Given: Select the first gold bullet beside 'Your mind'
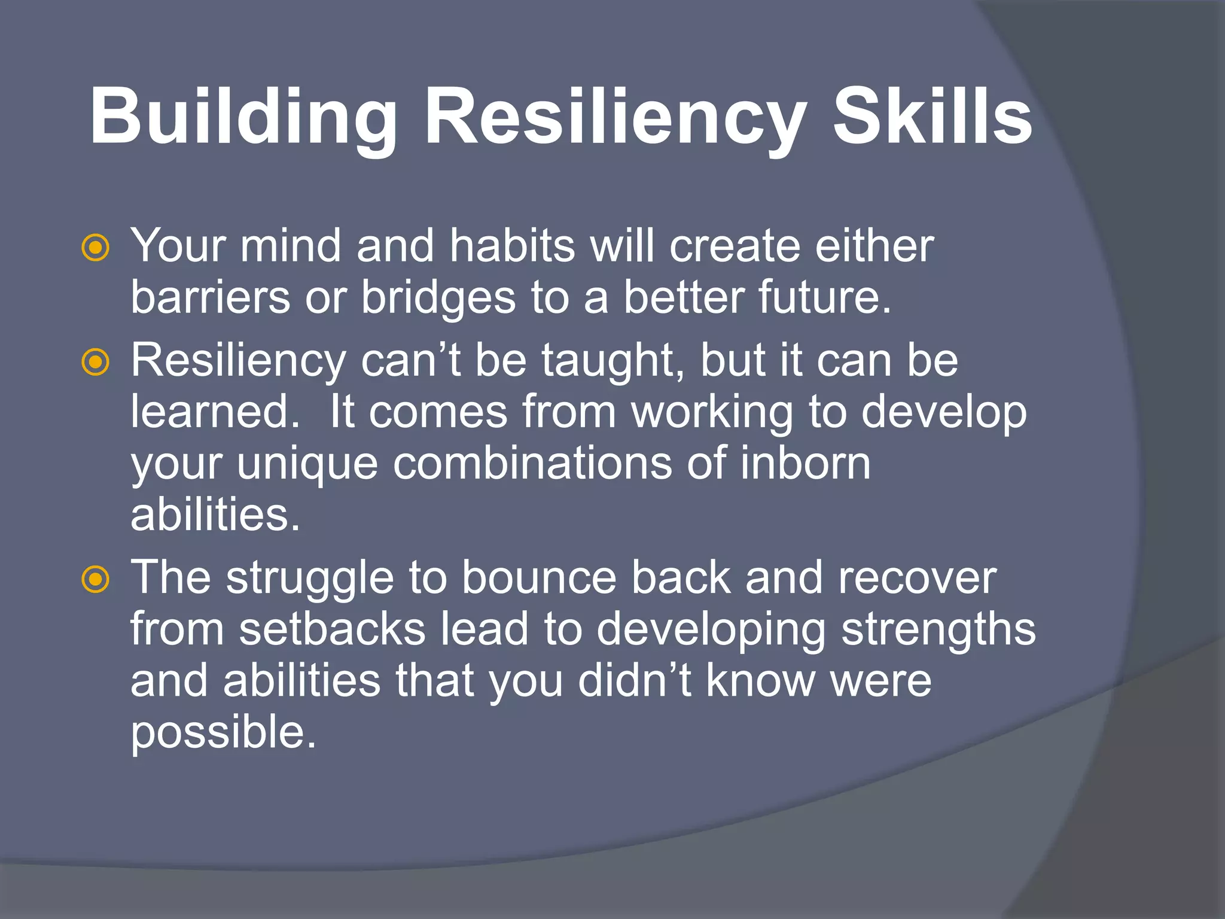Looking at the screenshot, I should pyautogui.click(x=96, y=248).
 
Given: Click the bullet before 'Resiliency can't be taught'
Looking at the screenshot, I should pyautogui.click(x=96, y=363).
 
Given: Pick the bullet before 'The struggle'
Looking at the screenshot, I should pyautogui.click(x=96, y=579).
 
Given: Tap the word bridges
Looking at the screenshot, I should pyautogui.click(x=438, y=297).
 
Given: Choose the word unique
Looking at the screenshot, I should pyautogui.click(x=308, y=464).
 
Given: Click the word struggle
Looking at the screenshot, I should pyautogui.click(x=310, y=579).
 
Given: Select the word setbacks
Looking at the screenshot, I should pyautogui.click(x=333, y=629).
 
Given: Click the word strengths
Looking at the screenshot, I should pyautogui.click(x=938, y=631).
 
